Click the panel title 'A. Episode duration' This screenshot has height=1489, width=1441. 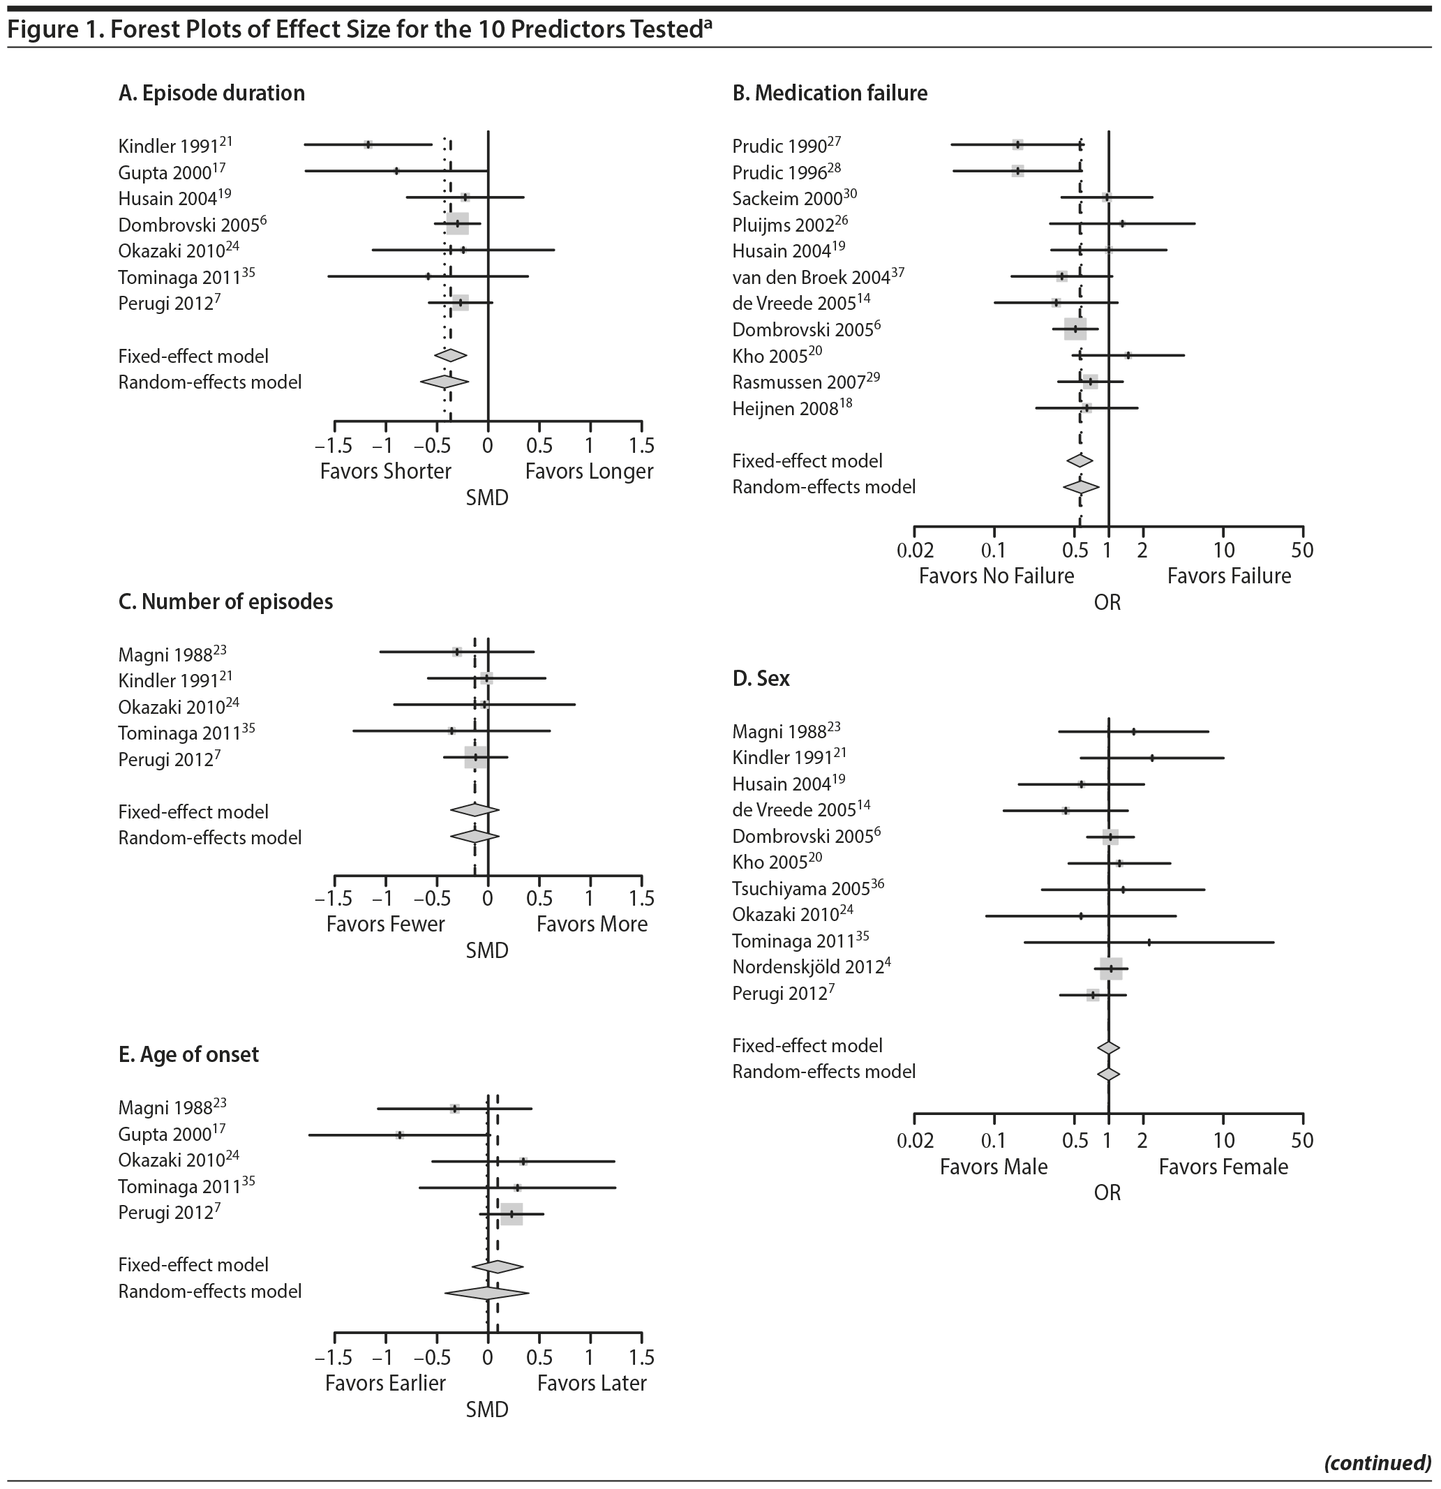[x=211, y=93]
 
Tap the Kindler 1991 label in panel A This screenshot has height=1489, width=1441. [x=170, y=146]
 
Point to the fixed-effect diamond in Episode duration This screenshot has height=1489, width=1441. [x=451, y=354]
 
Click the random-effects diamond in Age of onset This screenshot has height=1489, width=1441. [x=486, y=1292]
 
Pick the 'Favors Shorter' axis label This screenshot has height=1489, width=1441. [x=385, y=471]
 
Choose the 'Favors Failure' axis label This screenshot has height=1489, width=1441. [x=1228, y=576]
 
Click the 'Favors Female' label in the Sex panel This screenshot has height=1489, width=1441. [x=1223, y=1167]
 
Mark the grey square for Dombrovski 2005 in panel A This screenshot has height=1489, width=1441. [x=457, y=223]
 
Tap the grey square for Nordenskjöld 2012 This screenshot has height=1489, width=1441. [x=1110, y=968]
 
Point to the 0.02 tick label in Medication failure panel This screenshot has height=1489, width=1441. [x=915, y=550]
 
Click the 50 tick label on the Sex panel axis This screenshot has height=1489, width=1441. [x=1302, y=1140]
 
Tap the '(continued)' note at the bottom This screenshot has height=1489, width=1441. [x=1377, y=1462]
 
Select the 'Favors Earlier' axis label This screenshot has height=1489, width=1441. [x=385, y=1383]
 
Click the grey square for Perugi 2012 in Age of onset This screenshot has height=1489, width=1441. [x=512, y=1214]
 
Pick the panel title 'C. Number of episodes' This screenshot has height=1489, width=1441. [x=225, y=601]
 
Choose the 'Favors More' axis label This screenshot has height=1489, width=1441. [x=592, y=924]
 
